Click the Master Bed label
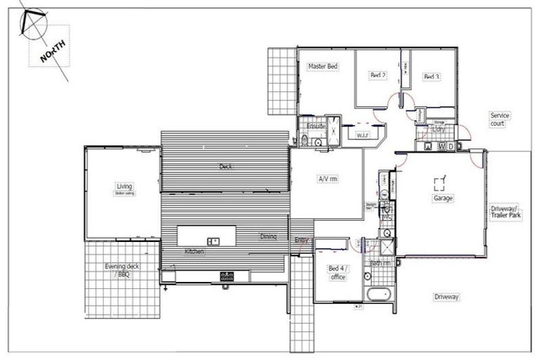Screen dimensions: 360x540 pyautogui.click(x=323, y=66)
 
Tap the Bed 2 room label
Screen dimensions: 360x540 pyautogui.click(x=378, y=75)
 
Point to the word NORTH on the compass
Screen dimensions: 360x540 pyautogui.click(x=53, y=51)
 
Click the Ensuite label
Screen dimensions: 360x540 pyautogui.click(x=316, y=126)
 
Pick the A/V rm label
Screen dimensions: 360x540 pyautogui.click(x=328, y=179)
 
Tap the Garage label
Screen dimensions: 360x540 pyautogui.click(x=443, y=198)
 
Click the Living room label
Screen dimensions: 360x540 pyautogui.click(x=124, y=187)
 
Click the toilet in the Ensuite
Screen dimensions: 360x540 pyautogui.click(x=303, y=141)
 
